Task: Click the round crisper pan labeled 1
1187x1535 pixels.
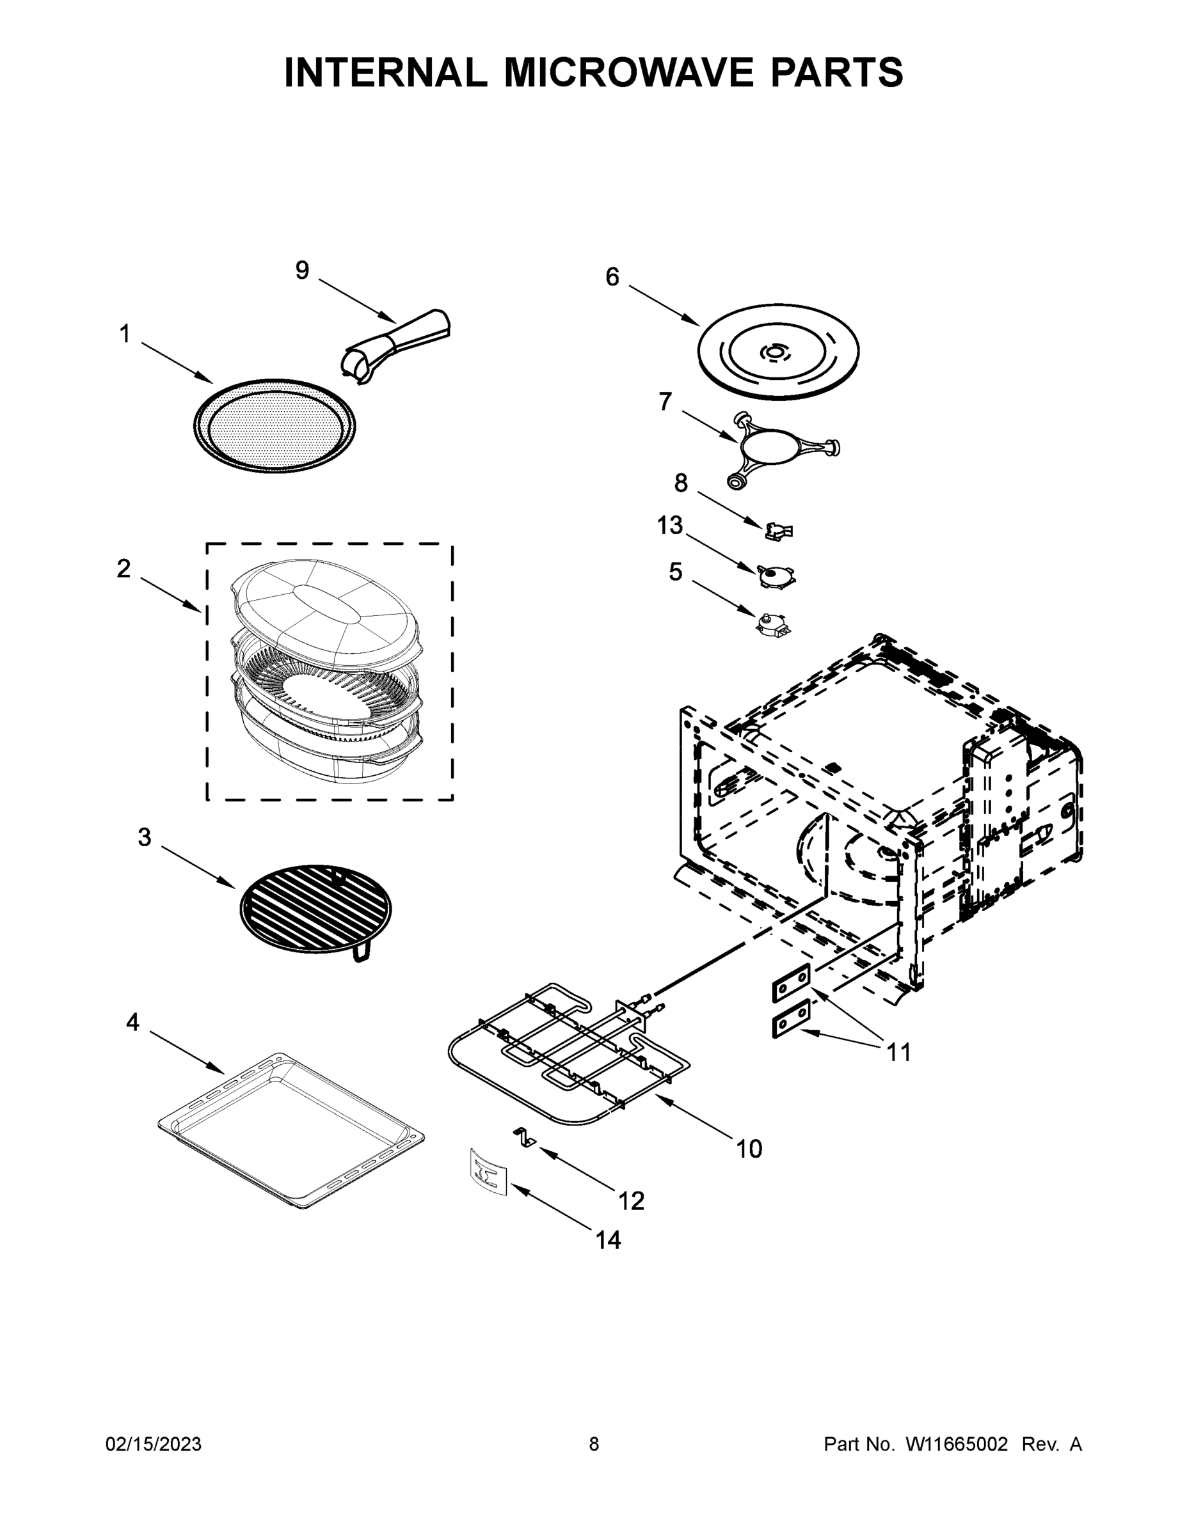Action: (x=275, y=426)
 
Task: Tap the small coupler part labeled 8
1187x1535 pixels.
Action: (x=779, y=531)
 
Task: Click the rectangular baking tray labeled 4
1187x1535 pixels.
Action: (x=291, y=1131)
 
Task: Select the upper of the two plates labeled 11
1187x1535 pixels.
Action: (x=791, y=983)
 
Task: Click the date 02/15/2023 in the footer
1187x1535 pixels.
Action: (x=154, y=1444)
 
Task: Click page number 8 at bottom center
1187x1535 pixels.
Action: (x=594, y=1444)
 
